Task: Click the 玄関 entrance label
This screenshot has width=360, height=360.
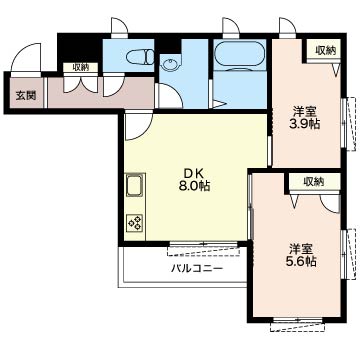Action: pos(26,96)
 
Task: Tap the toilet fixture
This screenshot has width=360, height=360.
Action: pos(141,57)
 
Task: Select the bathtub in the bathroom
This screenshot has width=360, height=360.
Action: pos(240,55)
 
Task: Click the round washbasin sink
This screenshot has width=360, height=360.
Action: pos(170,64)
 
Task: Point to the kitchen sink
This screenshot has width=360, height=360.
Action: pos(134,185)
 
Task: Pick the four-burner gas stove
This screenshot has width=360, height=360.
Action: pos(135,223)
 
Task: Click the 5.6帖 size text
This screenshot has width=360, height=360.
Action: pos(299,261)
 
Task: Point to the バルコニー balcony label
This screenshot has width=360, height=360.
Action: pos(197,268)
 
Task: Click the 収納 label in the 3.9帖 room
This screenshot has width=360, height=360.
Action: pos(326,51)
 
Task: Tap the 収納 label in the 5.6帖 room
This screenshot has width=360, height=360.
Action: pos(313,182)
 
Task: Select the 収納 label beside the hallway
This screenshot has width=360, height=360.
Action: pos(81,68)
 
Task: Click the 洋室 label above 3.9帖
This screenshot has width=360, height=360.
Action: pos(304,111)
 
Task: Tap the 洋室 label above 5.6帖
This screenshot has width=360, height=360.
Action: pos(300,248)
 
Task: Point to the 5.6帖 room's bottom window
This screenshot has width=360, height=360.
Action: pos(297,323)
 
